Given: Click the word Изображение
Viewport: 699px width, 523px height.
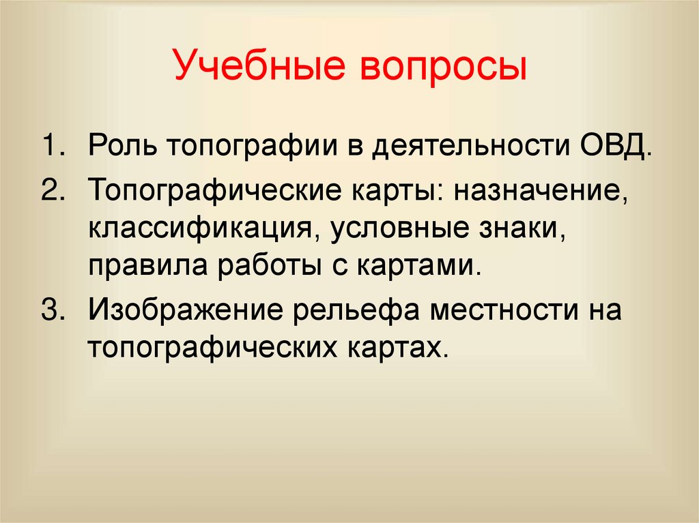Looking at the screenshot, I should (184, 311).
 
